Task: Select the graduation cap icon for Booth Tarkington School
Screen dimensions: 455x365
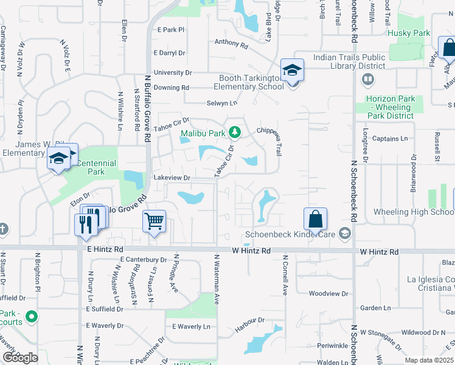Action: pos(292,71)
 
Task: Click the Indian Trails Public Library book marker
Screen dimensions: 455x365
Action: pos(368,79)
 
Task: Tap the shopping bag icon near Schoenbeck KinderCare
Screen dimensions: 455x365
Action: pos(316,219)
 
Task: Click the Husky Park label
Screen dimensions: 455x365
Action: pos(409,33)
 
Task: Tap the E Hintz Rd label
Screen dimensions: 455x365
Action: pos(105,249)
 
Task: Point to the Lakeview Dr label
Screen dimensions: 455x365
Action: pos(172,178)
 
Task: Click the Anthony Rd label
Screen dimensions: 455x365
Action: pos(231,44)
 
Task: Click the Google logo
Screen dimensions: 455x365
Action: pos(20,358)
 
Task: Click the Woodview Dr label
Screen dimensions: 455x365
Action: pos(328,293)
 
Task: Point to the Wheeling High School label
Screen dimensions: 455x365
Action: pos(413,212)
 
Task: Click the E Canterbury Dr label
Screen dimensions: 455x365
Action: pos(143,260)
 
